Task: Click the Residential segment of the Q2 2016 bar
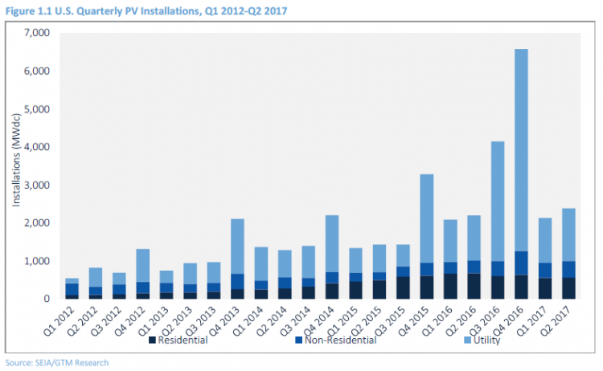(x=472, y=286)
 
